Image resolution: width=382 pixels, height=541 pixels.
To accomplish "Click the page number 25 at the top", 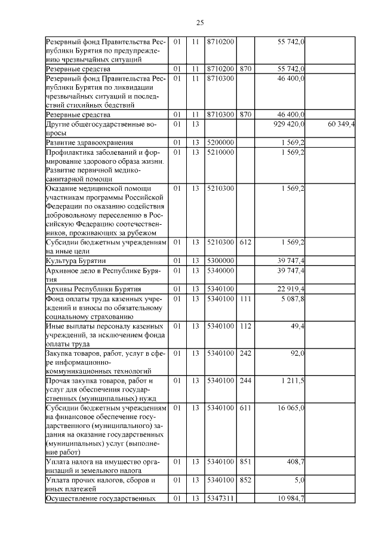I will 200,23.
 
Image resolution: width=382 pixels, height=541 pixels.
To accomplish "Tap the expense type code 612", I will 245,242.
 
